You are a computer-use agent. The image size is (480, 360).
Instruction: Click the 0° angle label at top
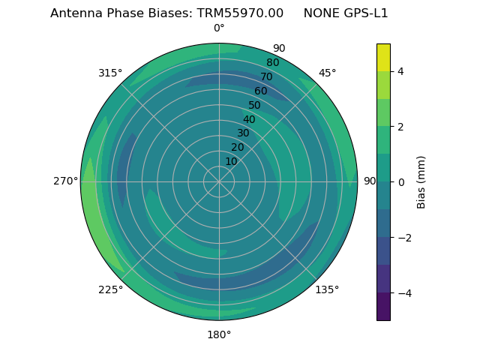[219, 28]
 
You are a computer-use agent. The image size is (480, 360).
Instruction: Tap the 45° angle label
[327, 73]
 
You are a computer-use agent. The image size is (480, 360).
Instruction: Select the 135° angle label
[327, 289]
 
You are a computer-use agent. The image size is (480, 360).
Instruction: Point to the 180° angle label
[219, 334]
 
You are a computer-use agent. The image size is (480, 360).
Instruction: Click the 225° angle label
[110, 289]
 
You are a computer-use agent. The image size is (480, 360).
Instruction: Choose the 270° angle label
[65, 181]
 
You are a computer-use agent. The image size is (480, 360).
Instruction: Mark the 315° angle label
[110, 73]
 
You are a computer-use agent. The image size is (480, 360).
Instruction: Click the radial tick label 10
[232, 162]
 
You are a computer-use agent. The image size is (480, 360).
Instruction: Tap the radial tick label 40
[249, 119]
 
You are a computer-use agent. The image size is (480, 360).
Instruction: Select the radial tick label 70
[266, 76]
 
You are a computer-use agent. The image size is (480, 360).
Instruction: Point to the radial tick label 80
[272, 62]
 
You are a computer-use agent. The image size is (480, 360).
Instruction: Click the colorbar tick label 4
[401, 71]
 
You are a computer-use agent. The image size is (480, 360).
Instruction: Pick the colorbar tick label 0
[401, 182]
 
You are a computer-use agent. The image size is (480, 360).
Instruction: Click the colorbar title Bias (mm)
[421, 182]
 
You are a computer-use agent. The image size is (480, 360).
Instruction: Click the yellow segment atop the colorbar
[383, 57]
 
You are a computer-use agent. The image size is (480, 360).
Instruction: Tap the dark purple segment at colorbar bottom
[383, 307]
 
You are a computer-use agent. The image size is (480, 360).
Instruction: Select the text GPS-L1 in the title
[367, 13]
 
